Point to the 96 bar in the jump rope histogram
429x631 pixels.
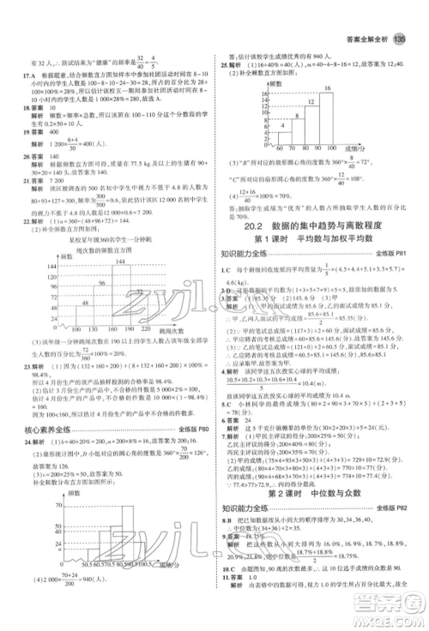pyautogui.click(x=92, y=274)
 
